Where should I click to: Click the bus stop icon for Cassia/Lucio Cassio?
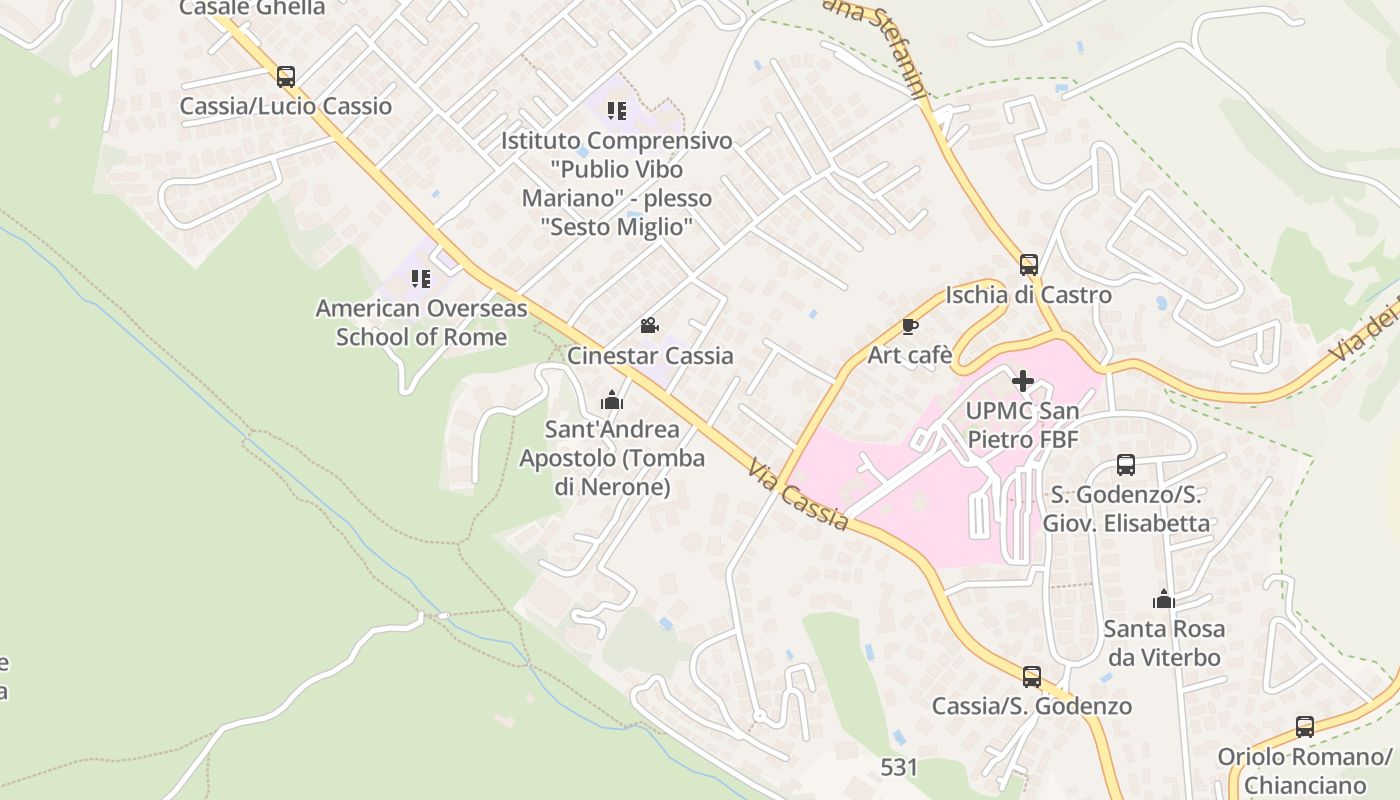tap(286, 76)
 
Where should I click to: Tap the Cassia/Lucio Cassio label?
tap(286, 106)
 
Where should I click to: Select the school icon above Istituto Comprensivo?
tap(617, 110)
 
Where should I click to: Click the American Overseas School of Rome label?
tap(421, 322)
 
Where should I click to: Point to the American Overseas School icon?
tap(421, 278)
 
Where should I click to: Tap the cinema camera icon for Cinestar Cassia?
tap(649, 325)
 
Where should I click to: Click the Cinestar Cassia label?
tap(650, 355)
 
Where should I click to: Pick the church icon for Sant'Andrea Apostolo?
tap(612, 400)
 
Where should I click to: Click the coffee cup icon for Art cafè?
tap(909, 326)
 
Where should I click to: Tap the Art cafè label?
tap(908, 355)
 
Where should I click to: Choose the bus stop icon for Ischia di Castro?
tap(1029, 264)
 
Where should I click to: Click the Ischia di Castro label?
tap(1028, 295)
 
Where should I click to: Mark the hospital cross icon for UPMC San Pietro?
tap(1023, 381)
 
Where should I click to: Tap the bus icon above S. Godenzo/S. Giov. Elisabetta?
tap(1126, 464)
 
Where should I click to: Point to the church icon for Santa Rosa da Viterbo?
tap(1163, 599)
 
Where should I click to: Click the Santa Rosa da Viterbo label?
tap(1164, 643)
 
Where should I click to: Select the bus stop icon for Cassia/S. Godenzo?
tap(1032, 676)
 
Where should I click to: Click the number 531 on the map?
tap(899, 767)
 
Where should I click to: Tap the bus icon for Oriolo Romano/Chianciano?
tap(1304, 726)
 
